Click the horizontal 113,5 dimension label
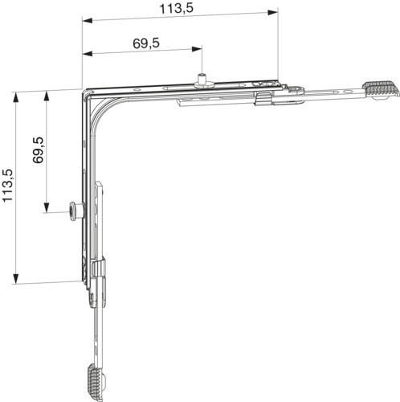click(176, 9)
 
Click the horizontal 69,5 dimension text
click(146, 43)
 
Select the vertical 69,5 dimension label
click(39, 150)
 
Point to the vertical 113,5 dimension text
click(7, 186)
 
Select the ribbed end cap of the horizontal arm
click(381, 90)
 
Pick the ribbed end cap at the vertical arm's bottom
click(95, 383)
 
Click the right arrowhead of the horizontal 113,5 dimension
click(273, 12)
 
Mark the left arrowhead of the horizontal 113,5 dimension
click(88, 21)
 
